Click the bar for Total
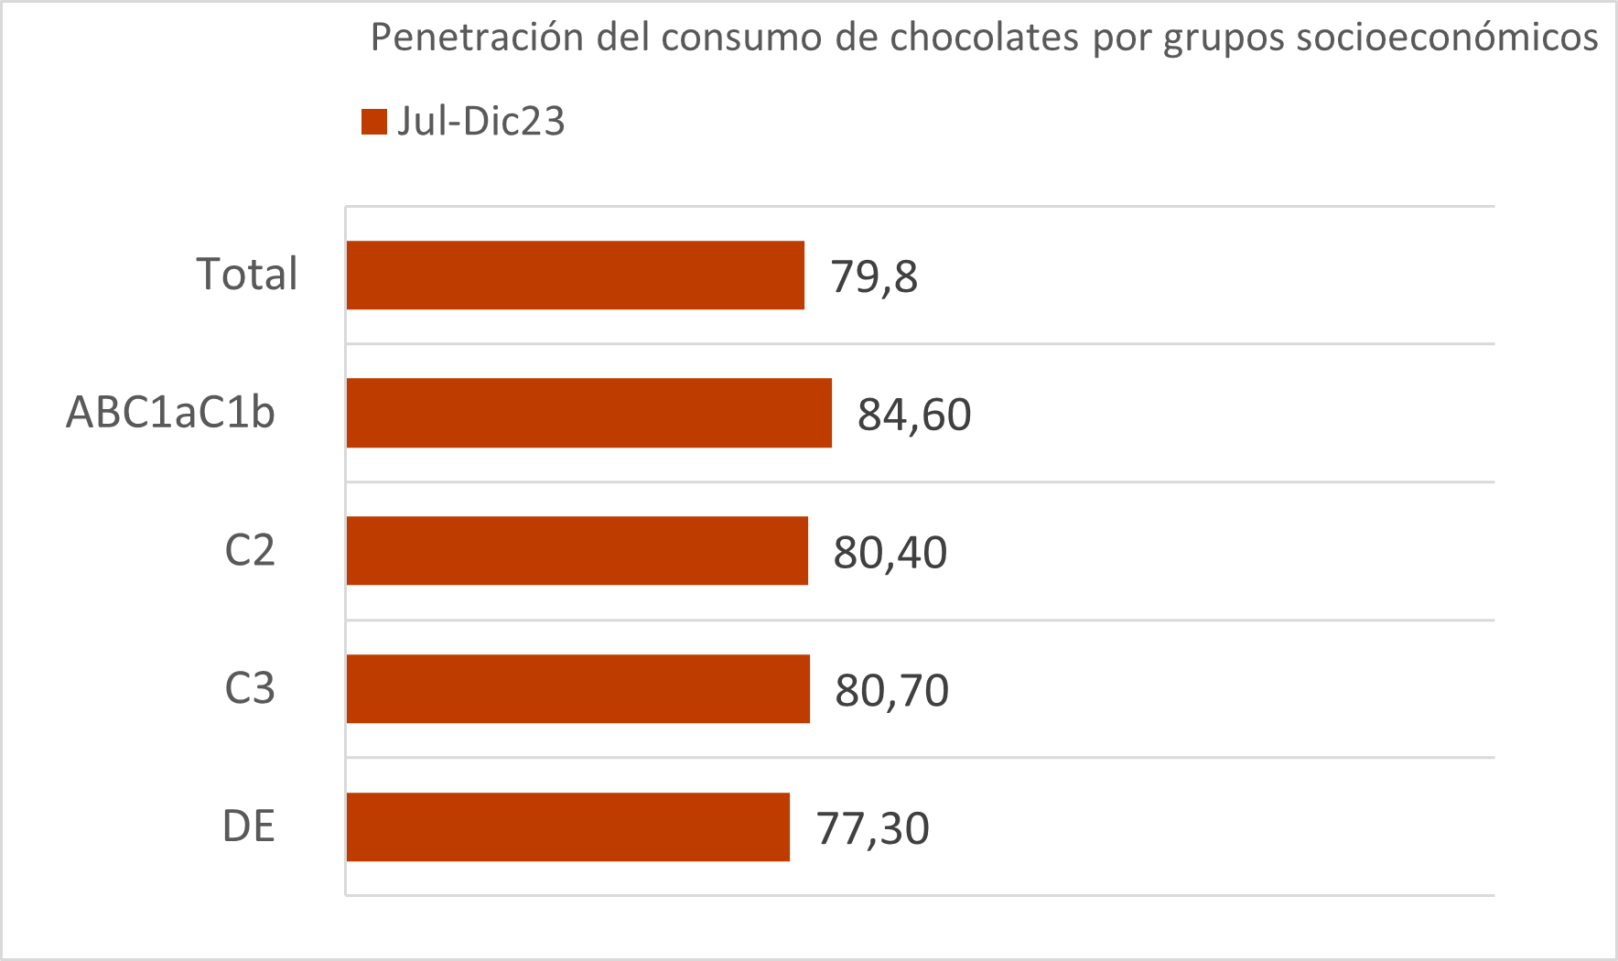(x=575, y=275)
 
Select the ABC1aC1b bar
(x=588, y=413)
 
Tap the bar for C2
(x=577, y=551)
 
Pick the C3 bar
(x=577, y=689)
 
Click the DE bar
(x=567, y=827)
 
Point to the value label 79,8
(x=874, y=276)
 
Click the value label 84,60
(x=914, y=415)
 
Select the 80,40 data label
(x=890, y=553)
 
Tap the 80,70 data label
(x=891, y=690)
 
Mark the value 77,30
(x=873, y=828)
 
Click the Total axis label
(x=247, y=275)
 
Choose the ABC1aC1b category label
(x=170, y=413)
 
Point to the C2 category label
(x=250, y=551)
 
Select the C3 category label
(x=250, y=688)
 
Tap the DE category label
(x=249, y=826)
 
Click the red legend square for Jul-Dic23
(x=374, y=122)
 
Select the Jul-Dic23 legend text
(x=480, y=122)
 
